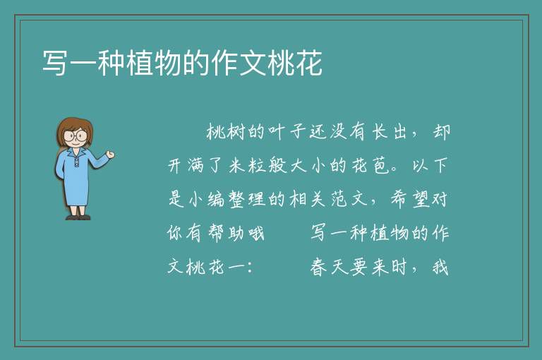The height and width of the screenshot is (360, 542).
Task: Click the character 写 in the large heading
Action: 55,62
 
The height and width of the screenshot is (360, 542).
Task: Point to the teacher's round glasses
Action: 76,135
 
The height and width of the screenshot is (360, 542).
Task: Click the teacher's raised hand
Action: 110,155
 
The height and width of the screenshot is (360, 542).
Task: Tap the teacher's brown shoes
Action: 78,217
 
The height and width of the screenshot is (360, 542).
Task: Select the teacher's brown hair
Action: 74,128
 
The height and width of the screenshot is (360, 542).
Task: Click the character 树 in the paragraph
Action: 236,132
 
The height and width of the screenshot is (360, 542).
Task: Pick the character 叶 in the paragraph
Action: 277,132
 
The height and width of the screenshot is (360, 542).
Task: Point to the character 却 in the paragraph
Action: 441,132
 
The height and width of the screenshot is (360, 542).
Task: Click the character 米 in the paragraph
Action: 236,166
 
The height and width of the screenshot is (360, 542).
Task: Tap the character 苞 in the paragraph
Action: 380,166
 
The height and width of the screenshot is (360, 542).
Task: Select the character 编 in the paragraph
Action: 216,200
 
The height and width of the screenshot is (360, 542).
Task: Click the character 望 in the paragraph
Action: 421,200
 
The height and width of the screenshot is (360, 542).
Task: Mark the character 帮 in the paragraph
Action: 216,233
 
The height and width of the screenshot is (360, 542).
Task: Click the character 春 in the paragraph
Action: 318,268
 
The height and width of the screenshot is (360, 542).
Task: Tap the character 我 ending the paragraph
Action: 440,268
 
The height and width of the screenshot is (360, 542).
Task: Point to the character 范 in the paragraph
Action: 339,200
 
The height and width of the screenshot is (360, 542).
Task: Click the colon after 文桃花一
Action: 251,268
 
